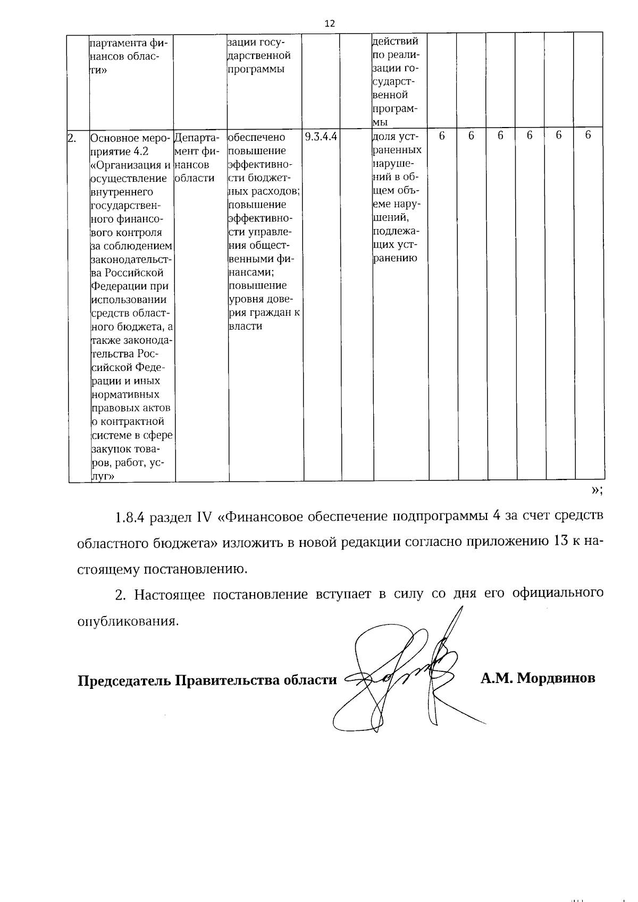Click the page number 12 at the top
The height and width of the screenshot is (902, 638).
[330, 23]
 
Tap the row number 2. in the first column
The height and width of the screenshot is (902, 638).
[72, 138]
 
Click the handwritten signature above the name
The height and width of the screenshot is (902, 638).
[404, 672]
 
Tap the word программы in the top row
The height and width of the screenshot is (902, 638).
[256, 69]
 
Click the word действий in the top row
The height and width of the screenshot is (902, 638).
[396, 41]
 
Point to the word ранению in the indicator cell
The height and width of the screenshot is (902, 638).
[394, 259]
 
